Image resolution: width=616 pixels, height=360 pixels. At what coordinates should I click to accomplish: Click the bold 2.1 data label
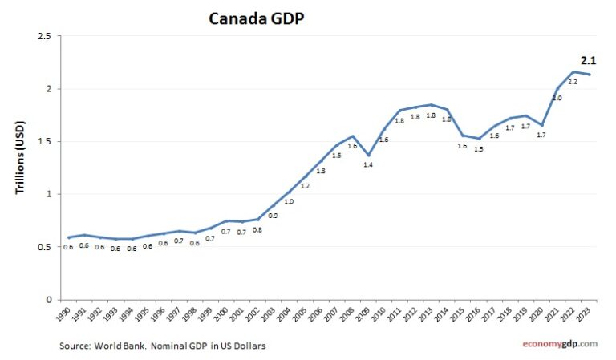click(x=588, y=60)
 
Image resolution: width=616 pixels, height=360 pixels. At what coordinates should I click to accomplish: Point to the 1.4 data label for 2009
click(x=368, y=165)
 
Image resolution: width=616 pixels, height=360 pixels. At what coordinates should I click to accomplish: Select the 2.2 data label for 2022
click(x=573, y=82)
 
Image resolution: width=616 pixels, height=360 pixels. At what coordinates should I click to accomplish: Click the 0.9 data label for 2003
click(x=273, y=216)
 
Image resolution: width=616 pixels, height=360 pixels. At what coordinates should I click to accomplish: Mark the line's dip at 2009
click(x=368, y=155)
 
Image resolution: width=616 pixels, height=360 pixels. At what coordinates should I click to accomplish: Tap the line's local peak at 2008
click(x=352, y=136)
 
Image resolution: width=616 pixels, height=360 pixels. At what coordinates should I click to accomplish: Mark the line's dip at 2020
click(x=541, y=125)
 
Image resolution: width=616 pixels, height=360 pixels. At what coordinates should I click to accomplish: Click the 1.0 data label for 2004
click(x=289, y=202)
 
